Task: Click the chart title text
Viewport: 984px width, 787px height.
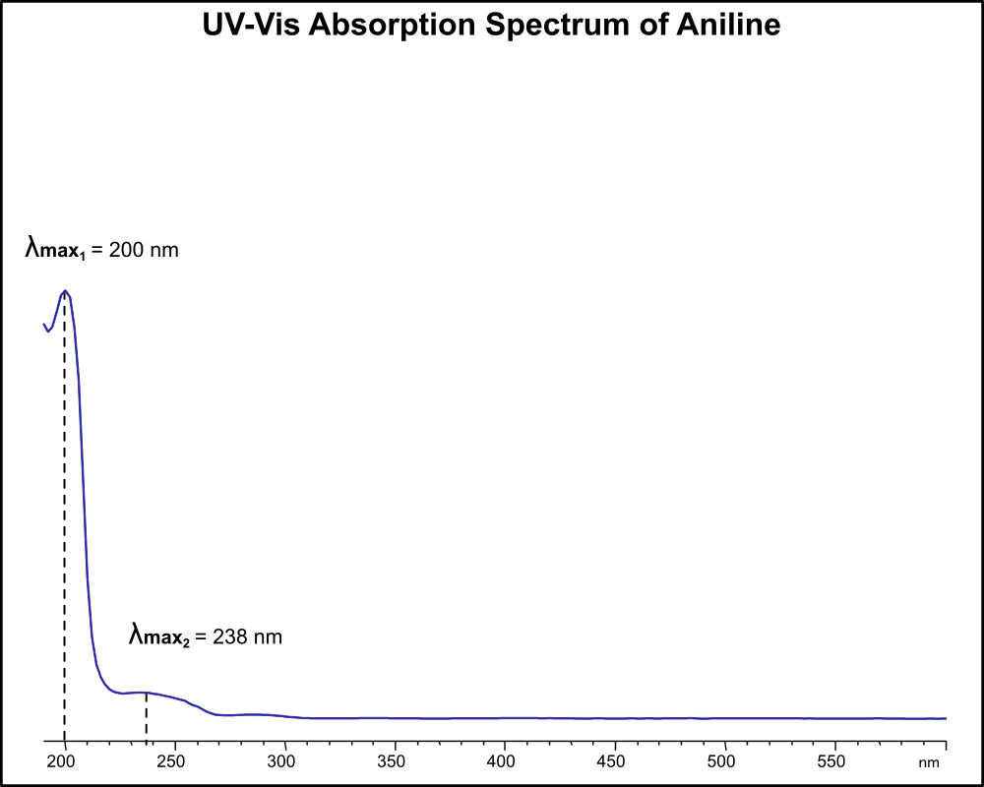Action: (x=491, y=26)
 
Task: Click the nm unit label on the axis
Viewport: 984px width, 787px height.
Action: (x=929, y=762)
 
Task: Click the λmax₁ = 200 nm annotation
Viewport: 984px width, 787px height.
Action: (x=102, y=250)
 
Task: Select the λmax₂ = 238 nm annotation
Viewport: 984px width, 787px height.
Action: (x=206, y=636)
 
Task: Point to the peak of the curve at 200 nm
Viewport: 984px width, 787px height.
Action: (x=65, y=291)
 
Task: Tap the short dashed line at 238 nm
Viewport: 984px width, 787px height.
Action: (x=147, y=716)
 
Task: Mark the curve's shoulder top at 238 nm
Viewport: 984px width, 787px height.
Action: (x=147, y=693)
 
